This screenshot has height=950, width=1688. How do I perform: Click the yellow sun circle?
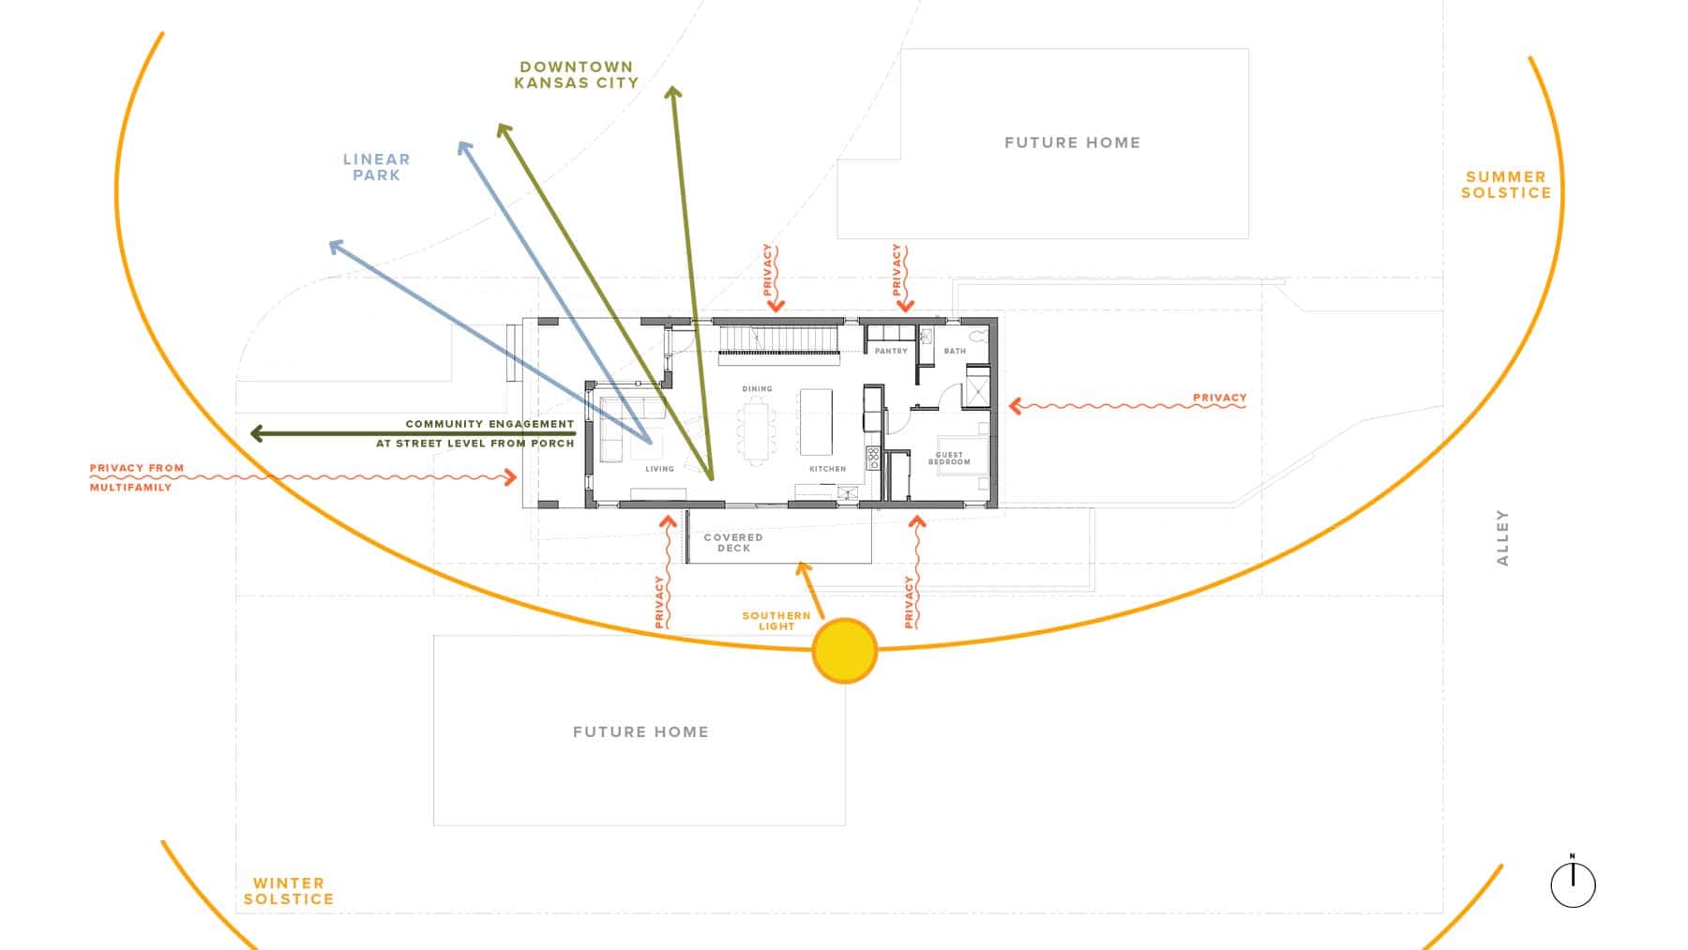(x=844, y=650)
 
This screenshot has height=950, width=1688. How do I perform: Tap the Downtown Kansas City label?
(x=576, y=74)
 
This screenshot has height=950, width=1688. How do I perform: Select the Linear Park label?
(x=376, y=167)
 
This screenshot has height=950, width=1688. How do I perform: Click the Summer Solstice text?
(x=1506, y=184)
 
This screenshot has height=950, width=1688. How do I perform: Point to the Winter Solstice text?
(x=289, y=890)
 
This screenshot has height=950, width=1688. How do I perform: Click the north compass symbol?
(x=1573, y=882)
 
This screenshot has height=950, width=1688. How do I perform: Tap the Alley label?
(x=1502, y=537)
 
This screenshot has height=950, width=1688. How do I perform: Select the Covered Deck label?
(x=733, y=542)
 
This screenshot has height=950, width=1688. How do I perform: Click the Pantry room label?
(x=891, y=351)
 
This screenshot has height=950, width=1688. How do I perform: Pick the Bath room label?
(x=955, y=351)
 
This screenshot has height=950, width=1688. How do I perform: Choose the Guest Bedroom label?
(x=949, y=458)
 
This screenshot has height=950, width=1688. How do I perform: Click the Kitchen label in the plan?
(x=827, y=468)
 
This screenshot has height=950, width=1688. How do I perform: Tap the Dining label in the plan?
(x=757, y=388)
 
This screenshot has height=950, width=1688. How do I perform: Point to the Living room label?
(x=659, y=468)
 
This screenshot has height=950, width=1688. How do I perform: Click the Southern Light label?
(x=776, y=621)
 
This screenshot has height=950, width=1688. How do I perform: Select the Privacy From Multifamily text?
(x=137, y=477)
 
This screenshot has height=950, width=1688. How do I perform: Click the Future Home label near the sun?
(x=641, y=731)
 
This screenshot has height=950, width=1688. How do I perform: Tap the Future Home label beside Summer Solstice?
(x=1072, y=143)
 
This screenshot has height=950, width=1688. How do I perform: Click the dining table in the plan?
(x=757, y=431)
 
